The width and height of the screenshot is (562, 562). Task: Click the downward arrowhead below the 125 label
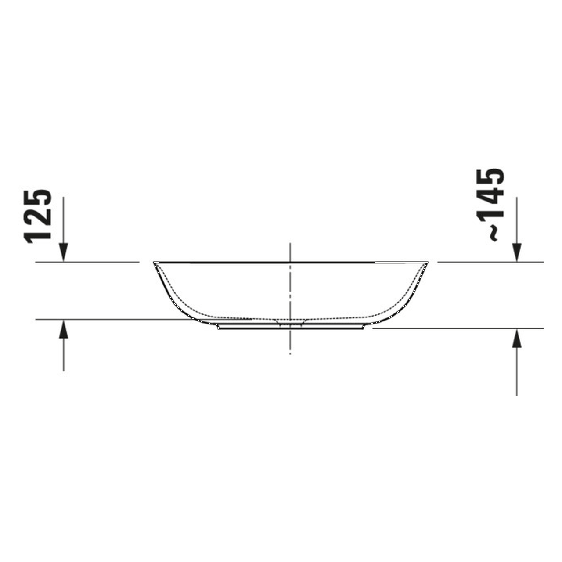pyautogui.click(x=64, y=253)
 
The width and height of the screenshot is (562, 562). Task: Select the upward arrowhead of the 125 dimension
pyautogui.click(x=64, y=328)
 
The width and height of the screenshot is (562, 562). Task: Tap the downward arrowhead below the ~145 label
pyautogui.click(x=517, y=253)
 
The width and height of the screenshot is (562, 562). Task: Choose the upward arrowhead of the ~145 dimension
pyautogui.click(x=517, y=337)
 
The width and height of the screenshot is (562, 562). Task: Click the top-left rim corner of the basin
pyautogui.click(x=155, y=263)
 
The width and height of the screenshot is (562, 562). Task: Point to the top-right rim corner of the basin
pyautogui.click(x=427, y=263)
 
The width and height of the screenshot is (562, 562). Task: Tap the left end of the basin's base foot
pyautogui.click(x=219, y=327)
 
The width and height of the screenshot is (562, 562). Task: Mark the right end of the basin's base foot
pyautogui.click(x=365, y=327)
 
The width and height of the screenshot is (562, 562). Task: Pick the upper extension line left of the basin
pyautogui.click(x=88, y=262)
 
